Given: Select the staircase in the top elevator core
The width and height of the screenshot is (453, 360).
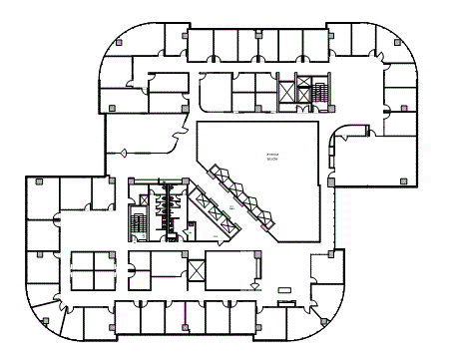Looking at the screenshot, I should (320, 92).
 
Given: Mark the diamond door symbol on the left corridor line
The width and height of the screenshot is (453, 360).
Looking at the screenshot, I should (124, 152).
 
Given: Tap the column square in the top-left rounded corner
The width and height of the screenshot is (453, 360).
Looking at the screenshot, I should (119, 43).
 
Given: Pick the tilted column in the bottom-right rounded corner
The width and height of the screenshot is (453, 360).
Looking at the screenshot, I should (324, 320).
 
